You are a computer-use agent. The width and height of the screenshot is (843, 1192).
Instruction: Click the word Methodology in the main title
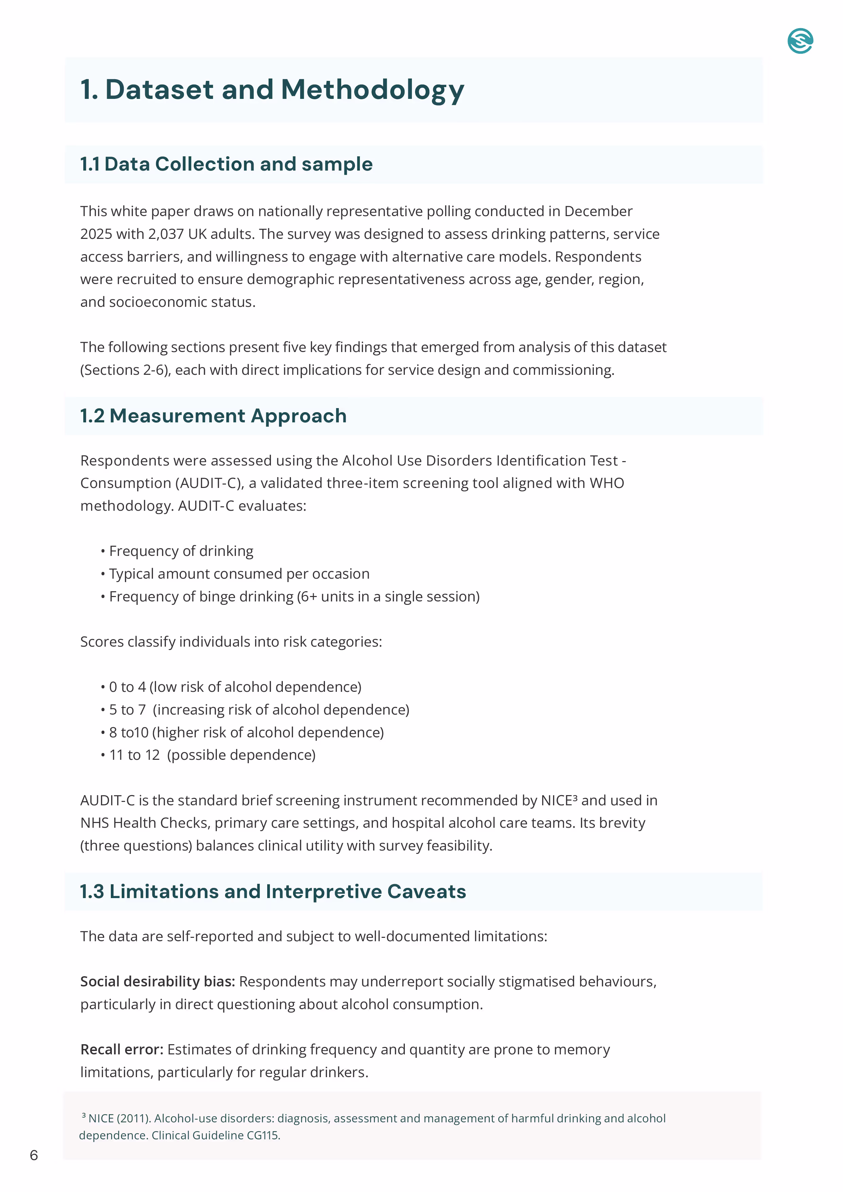373,89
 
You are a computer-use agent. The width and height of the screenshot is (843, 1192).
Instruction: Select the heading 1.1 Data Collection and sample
226,164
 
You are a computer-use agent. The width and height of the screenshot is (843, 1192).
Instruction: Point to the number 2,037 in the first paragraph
166,234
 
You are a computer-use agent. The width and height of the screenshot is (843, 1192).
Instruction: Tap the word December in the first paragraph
598,211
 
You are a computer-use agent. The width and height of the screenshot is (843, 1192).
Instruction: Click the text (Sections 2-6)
125,370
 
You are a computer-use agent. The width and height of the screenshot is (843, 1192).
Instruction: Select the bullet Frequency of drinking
181,551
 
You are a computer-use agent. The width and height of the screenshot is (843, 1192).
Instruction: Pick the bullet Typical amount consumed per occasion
239,574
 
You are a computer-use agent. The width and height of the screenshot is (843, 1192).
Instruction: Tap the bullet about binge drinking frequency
294,597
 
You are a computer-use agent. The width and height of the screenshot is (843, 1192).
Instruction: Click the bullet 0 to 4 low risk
235,687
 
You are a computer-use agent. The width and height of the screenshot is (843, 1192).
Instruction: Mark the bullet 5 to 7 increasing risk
259,710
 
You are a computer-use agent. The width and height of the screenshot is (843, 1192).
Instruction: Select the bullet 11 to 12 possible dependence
212,755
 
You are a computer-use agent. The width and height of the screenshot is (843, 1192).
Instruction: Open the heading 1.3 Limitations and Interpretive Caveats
273,891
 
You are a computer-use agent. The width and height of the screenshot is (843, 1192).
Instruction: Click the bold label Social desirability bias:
157,982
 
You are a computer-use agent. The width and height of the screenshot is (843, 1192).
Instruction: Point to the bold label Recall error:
122,1050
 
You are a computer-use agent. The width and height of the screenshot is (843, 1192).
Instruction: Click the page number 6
34,1155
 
